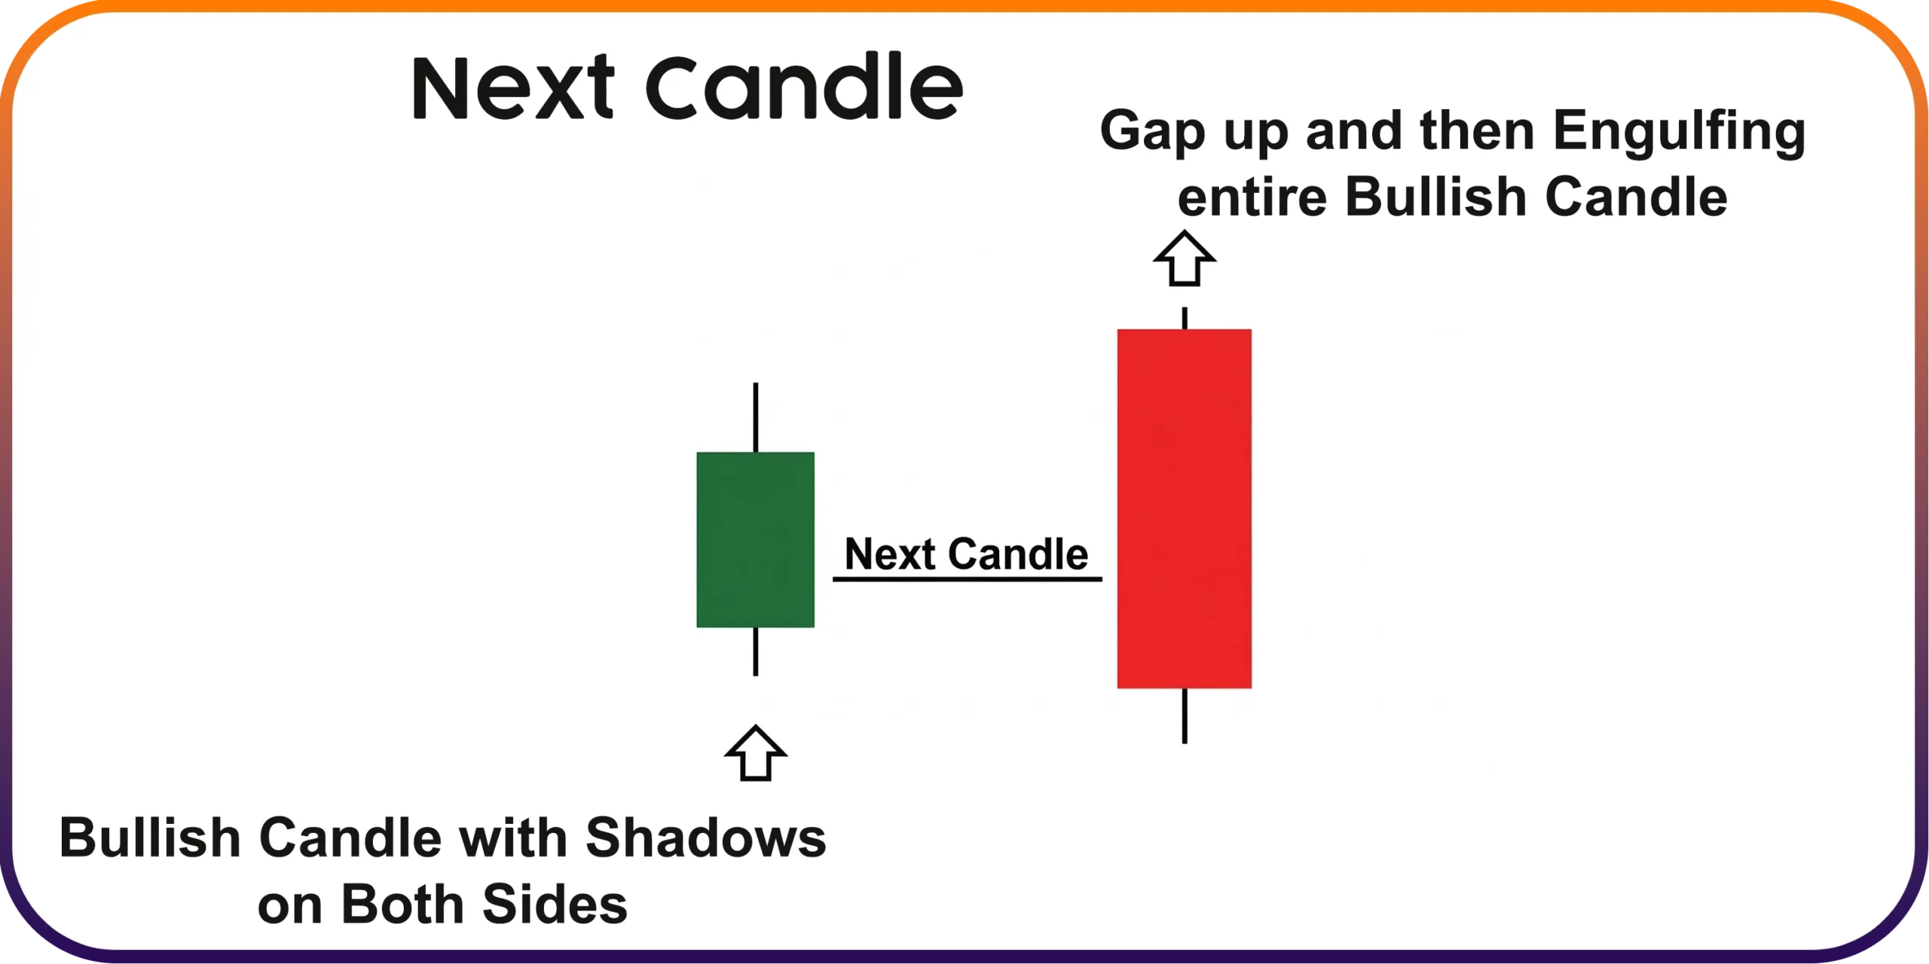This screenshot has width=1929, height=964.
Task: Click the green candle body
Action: [755, 539]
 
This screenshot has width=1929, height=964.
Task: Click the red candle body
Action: [1184, 508]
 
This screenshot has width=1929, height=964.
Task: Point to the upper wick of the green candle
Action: [756, 417]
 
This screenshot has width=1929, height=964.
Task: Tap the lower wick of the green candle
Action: [756, 651]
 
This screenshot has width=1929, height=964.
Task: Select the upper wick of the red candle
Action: [1185, 318]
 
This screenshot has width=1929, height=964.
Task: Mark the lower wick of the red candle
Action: [1185, 715]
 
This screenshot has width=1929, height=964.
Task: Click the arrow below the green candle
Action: [756, 753]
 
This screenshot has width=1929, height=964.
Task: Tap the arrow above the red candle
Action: [1185, 258]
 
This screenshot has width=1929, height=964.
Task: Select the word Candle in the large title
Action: [805, 86]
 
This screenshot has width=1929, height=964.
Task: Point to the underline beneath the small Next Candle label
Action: [967, 578]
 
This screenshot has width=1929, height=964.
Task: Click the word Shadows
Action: [706, 838]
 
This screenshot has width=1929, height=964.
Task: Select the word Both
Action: [402, 905]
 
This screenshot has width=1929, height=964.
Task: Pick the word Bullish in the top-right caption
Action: [1436, 197]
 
